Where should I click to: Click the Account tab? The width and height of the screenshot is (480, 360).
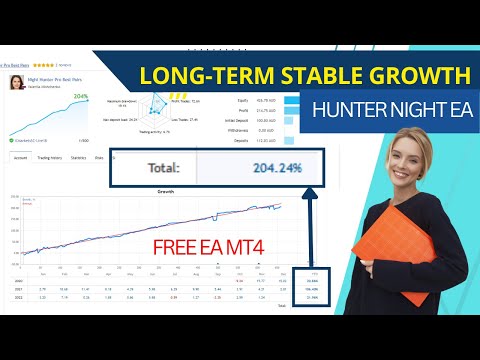coord(20,157)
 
